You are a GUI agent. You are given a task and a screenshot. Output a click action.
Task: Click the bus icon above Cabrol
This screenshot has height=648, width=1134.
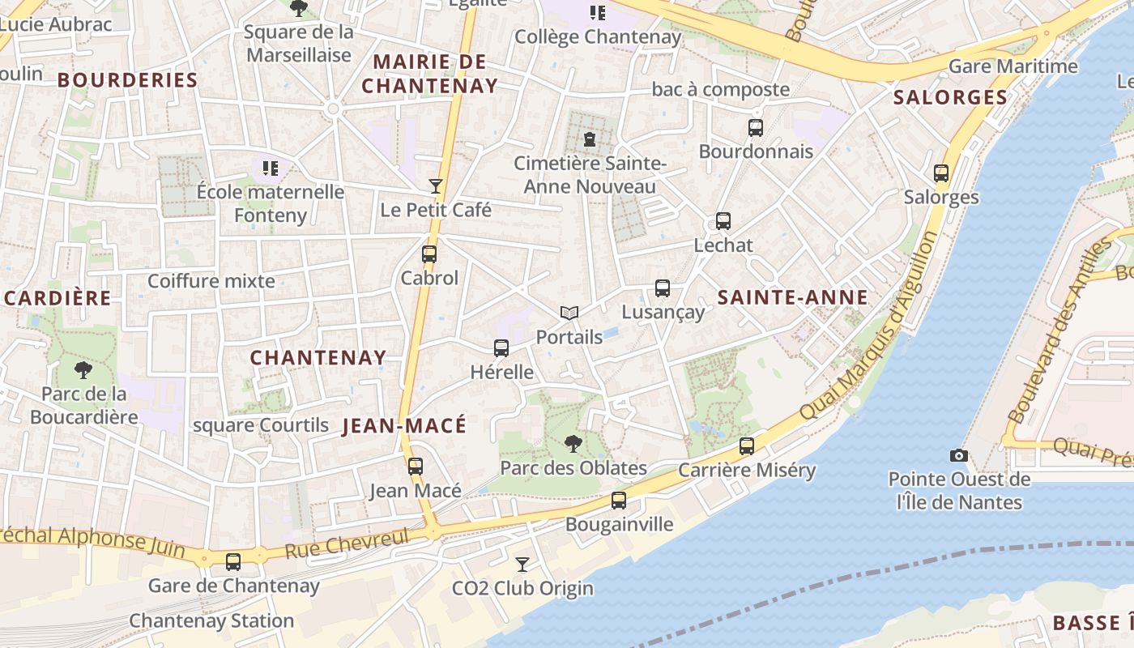pos(429,254)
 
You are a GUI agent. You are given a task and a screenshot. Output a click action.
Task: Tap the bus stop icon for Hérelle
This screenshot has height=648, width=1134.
pos(501,348)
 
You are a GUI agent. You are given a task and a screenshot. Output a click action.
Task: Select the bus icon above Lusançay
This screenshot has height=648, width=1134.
pos(663,288)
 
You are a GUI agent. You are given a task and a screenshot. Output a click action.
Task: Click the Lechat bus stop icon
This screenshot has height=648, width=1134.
pos(723,221)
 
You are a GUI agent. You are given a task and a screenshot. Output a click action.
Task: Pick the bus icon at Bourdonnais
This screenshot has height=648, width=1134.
pos(756,127)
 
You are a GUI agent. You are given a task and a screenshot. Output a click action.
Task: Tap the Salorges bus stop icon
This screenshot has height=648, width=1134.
pos(941,173)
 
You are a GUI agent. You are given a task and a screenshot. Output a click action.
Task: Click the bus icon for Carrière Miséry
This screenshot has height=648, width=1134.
pos(747,446)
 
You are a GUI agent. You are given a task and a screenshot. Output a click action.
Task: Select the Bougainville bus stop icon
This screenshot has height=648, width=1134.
pos(619,500)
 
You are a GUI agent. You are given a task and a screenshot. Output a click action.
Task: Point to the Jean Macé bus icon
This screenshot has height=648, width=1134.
pos(416,466)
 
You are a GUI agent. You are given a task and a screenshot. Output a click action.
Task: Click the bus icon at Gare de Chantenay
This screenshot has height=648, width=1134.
pos(233,561)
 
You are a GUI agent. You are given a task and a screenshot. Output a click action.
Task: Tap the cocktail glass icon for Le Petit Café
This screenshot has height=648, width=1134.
pos(436,186)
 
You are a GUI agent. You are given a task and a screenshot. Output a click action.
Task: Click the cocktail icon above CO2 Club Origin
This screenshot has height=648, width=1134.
pos(522,564)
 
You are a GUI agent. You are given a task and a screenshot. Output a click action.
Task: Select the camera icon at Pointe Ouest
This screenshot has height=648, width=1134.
pos(959,455)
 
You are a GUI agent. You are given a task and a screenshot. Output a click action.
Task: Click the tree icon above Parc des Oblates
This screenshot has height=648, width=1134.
pos(573,443)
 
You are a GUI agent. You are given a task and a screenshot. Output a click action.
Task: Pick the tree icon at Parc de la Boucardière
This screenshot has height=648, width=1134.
pos(83,370)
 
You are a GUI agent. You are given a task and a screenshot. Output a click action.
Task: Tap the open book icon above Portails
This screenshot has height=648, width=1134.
pos(569,313)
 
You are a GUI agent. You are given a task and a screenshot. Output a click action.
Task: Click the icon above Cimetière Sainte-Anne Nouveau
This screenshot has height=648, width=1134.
pos(590,139)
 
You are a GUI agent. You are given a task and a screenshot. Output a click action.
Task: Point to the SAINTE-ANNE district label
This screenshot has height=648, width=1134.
pos(793,297)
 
